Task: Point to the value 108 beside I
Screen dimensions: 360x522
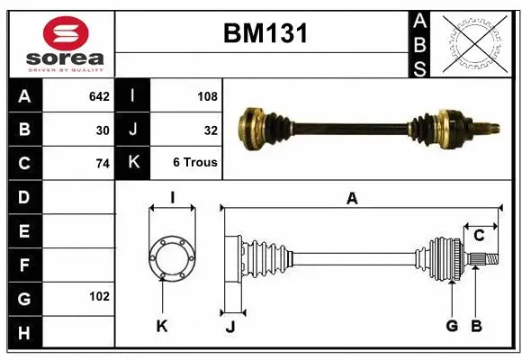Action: pyautogui.click(x=207, y=94)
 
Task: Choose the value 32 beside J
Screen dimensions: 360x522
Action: pyautogui.click(x=211, y=130)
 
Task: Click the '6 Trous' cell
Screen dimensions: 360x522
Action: pyautogui.click(x=195, y=164)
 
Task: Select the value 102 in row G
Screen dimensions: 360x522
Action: pyautogui.click(x=99, y=296)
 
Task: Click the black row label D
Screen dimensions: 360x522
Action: pyautogui.click(x=23, y=197)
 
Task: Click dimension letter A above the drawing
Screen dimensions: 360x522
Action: pyautogui.click(x=353, y=198)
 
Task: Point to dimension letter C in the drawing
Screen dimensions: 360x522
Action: pyautogui.click(x=479, y=236)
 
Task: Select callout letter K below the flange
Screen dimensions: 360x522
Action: pyautogui.click(x=162, y=326)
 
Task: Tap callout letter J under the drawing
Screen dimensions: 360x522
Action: pyautogui.click(x=230, y=327)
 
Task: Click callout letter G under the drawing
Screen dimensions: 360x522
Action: pyautogui.click(x=452, y=326)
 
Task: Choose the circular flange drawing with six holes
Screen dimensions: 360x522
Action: pyautogui.click(x=171, y=257)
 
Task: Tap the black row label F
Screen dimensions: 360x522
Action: pyautogui.click(x=23, y=265)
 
